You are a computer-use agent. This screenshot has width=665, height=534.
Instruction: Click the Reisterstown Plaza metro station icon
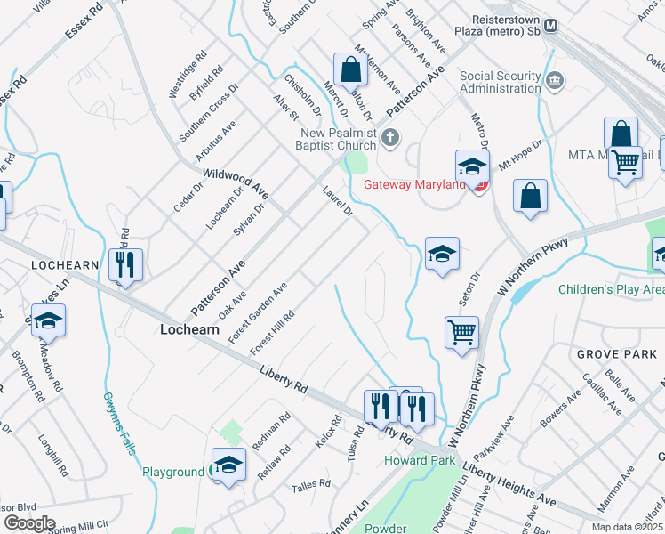point(552,26)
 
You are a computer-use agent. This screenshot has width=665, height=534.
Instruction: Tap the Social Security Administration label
point(500,82)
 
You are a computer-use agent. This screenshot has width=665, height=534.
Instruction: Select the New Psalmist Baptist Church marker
point(390,137)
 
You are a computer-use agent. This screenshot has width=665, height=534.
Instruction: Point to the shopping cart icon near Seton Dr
point(461,333)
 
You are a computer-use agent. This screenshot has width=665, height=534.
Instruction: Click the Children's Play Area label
point(612,289)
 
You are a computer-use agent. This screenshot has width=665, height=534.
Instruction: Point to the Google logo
point(29,523)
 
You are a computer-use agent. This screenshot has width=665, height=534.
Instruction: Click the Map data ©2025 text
point(628,527)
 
